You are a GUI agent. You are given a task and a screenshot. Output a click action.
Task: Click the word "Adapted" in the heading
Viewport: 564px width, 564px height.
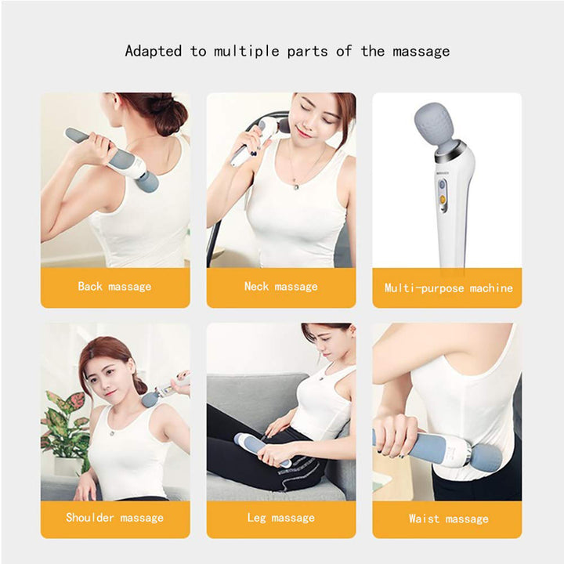[x=154, y=52]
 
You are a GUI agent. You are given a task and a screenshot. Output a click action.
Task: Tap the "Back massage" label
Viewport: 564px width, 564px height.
[x=114, y=287]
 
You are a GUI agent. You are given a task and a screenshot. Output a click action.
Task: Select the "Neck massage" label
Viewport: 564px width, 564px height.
[x=280, y=287]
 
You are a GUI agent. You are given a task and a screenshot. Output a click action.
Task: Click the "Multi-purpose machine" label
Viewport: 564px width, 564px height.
[x=448, y=288]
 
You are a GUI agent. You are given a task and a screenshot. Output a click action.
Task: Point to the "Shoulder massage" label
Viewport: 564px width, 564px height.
[x=114, y=518]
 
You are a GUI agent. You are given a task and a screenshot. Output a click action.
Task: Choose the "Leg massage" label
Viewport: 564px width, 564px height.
[x=280, y=518]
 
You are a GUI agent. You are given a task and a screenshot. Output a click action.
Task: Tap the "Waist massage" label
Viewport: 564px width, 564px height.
[x=448, y=519]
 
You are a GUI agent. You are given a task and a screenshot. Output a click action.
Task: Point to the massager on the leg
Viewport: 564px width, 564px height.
[x=258, y=449]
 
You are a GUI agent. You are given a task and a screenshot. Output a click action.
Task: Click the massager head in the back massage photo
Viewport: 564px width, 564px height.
[x=146, y=182]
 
